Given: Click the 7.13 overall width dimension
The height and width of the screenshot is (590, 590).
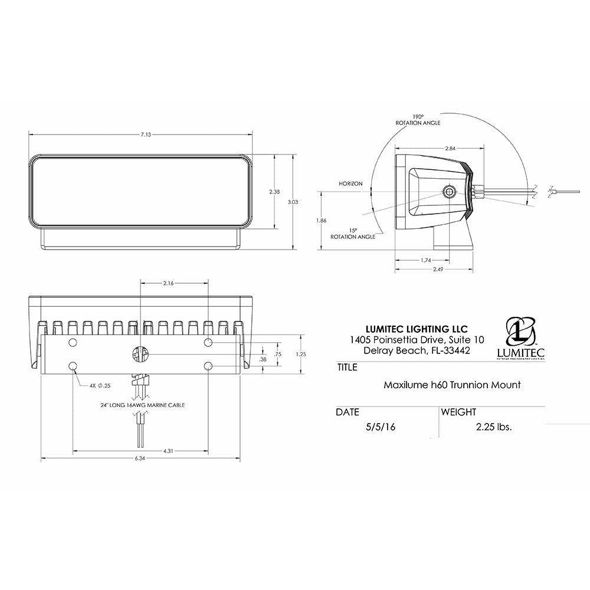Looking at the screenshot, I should click(146, 135).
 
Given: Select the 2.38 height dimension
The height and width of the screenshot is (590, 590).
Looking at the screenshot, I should click(274, 192).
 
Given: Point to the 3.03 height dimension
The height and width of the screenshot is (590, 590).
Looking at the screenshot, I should click(294, 202).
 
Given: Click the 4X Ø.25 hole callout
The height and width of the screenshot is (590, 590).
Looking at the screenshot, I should click(100, 385).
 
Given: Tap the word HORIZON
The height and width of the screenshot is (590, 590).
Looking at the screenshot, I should click(350, 184).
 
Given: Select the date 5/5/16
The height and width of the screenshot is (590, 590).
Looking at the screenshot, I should click(380, 427).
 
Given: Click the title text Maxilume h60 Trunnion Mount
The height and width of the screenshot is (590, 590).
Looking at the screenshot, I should click(452, 385).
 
